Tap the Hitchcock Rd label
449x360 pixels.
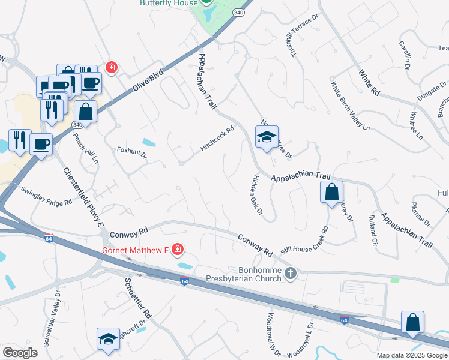(x=217, y=139)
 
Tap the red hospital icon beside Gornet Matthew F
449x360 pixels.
(x=177, y=248)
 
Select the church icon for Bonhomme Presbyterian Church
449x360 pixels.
(x=291, y=274)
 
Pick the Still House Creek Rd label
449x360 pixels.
(x=305, y=239)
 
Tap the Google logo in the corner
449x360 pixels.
(x=20, y=353)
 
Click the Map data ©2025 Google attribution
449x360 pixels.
(x=412, y=355)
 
